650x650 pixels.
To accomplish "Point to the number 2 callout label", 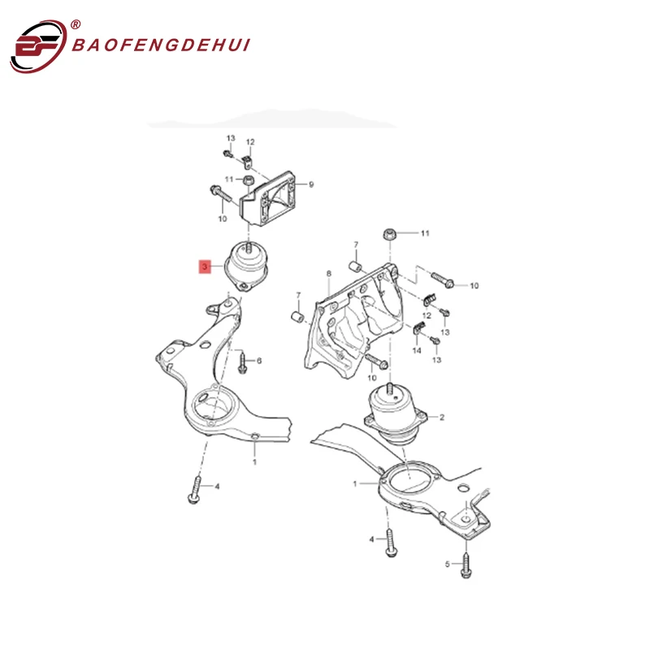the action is click(442, 418).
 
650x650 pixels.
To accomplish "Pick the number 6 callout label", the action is click(259, 360).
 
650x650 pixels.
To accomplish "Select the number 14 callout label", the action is click(416, 350).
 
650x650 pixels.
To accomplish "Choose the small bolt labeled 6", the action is click(242, 366).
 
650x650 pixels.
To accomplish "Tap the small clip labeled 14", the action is click(418, 328).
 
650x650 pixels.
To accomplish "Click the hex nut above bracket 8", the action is click(389, 236).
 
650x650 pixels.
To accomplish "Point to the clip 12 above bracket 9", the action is click(249, 156).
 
